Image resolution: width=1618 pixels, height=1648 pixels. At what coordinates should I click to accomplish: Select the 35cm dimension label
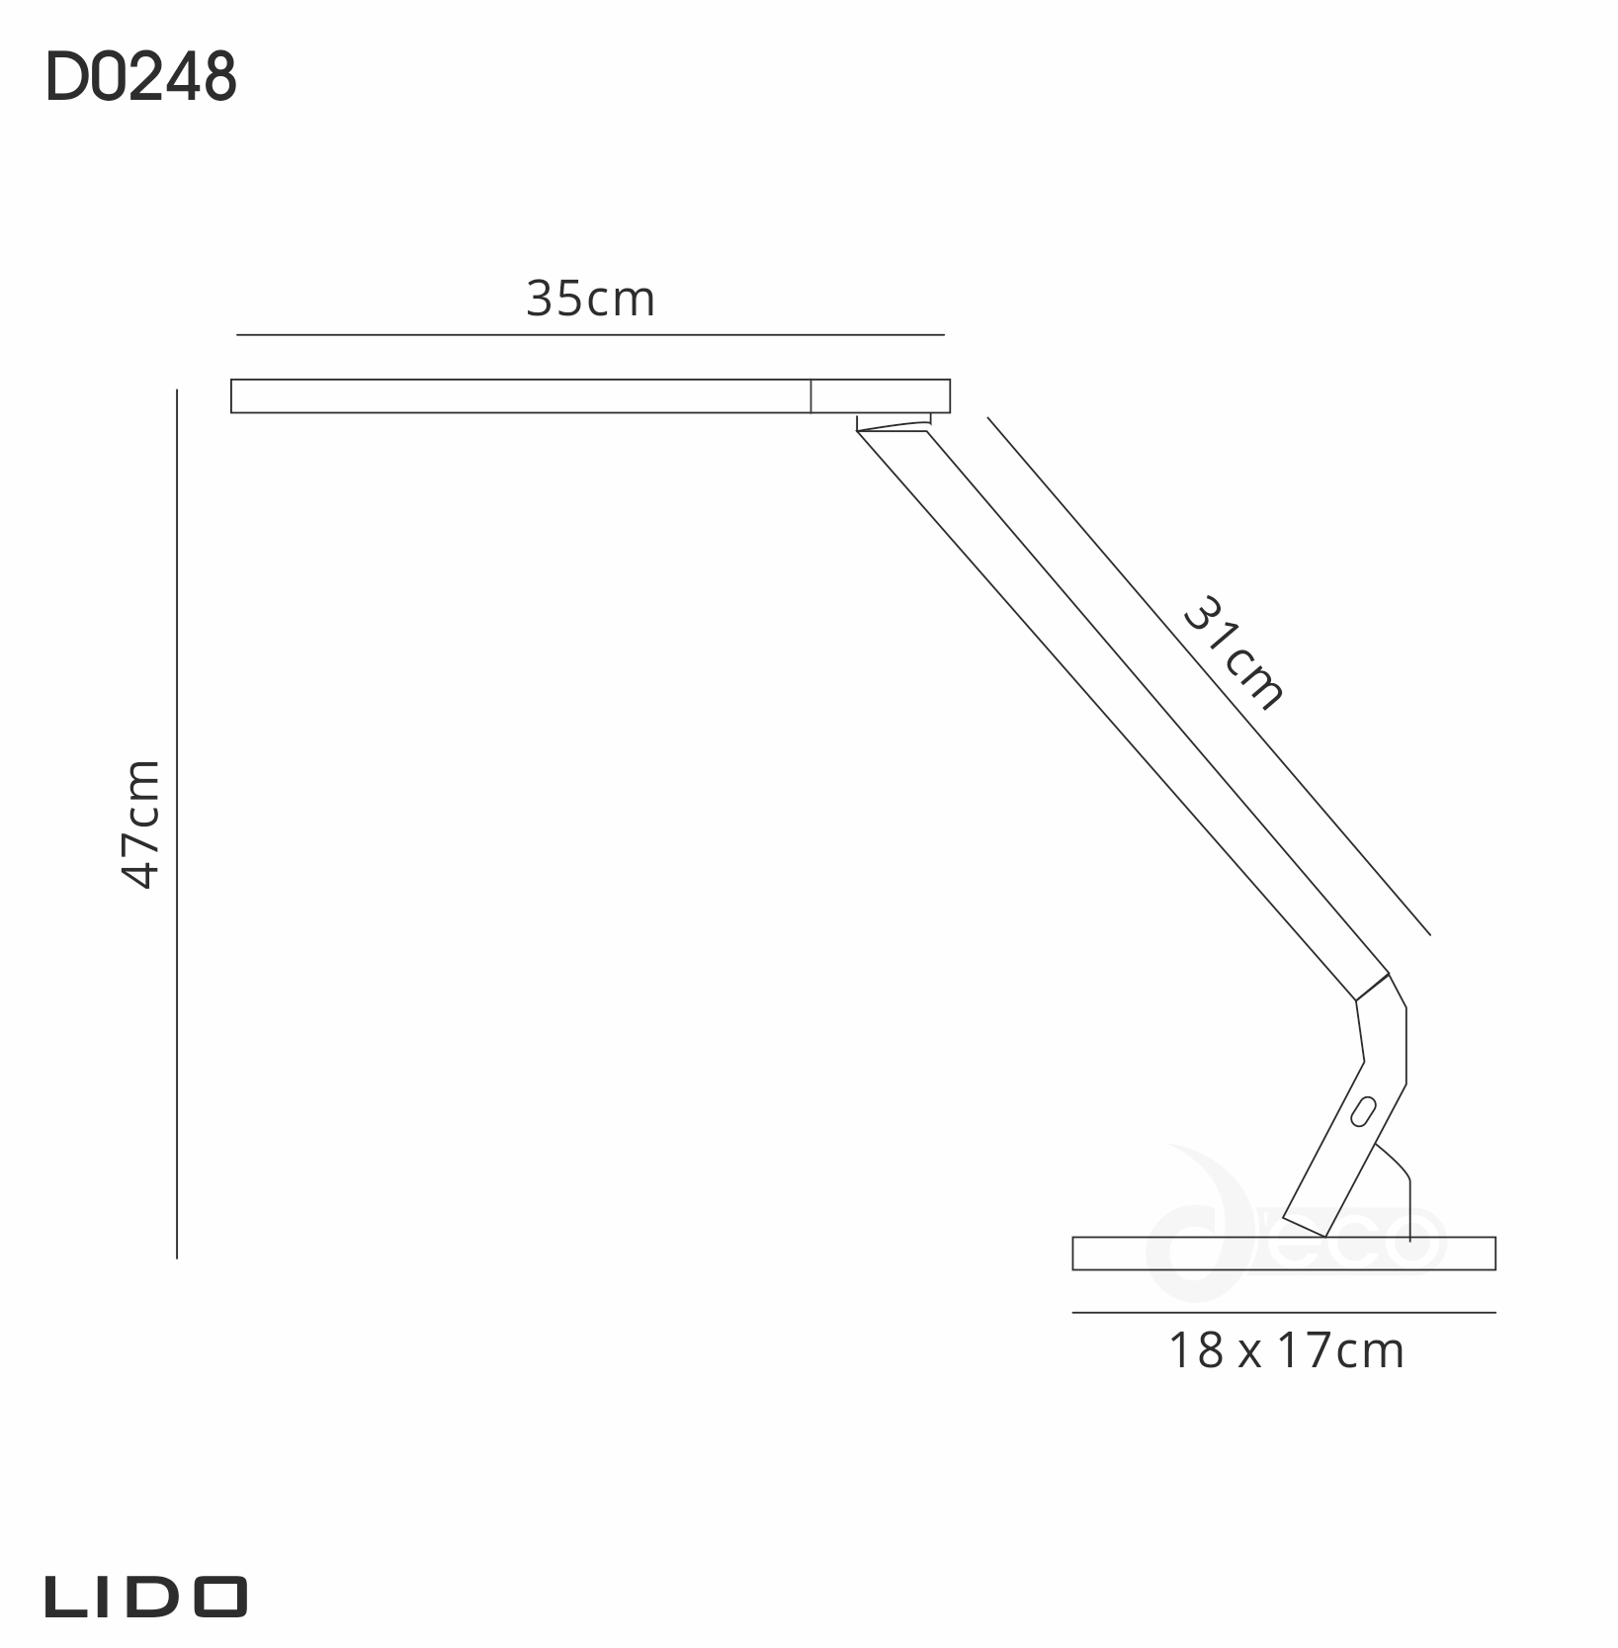pyautogui.click(x=590, y=299)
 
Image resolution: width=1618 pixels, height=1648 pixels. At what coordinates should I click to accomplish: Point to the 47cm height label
pyautogui.click(x=139, y=824)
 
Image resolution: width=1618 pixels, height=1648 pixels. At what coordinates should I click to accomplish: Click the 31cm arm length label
pyautogui.click(x=1234, y=652)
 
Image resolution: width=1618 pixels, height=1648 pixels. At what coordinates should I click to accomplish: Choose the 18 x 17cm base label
pyautogui.click(x=1286, y=1350)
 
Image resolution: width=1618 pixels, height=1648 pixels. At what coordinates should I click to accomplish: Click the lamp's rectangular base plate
pyautogui.click(x=1284, y=1253)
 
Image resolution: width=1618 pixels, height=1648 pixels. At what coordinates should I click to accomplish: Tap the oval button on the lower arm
pyautogui.click(x=1365, y=1111)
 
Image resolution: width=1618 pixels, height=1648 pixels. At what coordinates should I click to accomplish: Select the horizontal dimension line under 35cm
pyautogui.click(x=590, y=335)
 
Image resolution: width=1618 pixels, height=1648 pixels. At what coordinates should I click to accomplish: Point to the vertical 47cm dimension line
pyautogui.click(x=177, y=824)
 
